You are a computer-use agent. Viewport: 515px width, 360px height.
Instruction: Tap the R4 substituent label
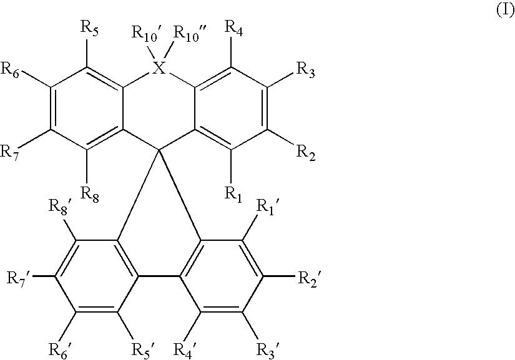point(233,28)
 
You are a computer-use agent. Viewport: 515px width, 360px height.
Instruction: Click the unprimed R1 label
point(233,193)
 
